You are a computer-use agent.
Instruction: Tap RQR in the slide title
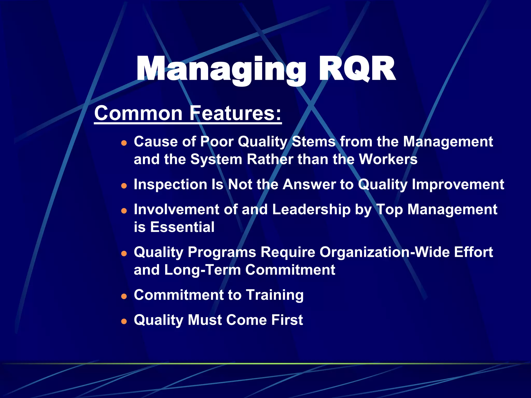[357, 69]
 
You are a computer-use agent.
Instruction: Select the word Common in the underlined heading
[138, 113]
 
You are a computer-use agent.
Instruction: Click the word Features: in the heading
[235, 113]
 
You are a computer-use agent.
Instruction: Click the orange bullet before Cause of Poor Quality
[124, 143]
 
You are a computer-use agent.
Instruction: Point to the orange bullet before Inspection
[124, 186]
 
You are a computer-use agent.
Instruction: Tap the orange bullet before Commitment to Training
[124, 296]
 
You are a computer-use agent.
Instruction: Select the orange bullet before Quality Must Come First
[124, 321]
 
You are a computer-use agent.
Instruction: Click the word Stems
[314, 142]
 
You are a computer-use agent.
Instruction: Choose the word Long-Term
[202, 270]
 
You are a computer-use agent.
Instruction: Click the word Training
[275, 295]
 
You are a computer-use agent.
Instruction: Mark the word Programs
[222, 253]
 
